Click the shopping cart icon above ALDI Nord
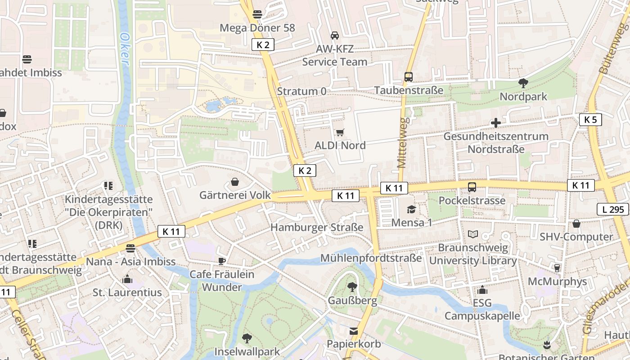tap(340, 132)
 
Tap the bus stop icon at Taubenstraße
tap(409, 77)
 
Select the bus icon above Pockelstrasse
tap(472, 187)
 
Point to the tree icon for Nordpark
tap(523, 83)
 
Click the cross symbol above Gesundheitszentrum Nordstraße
tap(496, 123)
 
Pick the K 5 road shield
tap(590, 120)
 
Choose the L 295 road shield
tap(612, 209)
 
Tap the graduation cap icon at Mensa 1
tap(411, 209)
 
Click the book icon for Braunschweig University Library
tap(473, 234)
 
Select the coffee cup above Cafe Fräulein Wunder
tap(222, 261)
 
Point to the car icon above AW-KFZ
tap(335, 36)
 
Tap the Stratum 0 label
tap(301, 91)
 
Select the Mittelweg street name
tap(403, 143)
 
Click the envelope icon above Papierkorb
tap(354, 331)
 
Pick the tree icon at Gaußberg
tap(352, 287)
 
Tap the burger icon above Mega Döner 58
tap(257, 14)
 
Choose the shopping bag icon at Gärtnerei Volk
tap(235, 182)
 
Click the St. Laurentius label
tap(127, 292)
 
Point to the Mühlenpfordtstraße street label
tap(371, 258)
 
